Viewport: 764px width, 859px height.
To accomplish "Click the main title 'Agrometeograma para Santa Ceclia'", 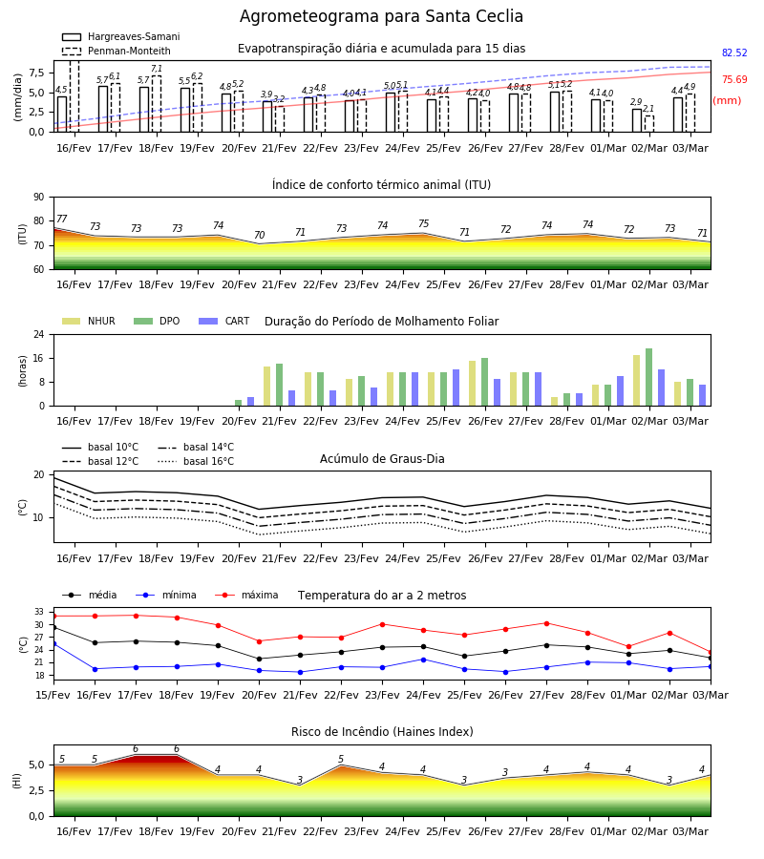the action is coord(381,16).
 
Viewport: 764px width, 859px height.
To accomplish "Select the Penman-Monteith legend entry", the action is coord(117,51).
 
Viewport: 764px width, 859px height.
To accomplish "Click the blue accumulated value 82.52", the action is coord(734,53).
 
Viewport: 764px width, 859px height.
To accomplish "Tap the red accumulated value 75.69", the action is coord(734,79).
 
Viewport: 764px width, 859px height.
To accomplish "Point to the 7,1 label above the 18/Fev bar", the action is coord(157,69).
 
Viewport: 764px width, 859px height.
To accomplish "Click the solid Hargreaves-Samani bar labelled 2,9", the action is coord(637,120).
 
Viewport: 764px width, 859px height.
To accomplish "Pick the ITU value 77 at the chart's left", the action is coord(61,219).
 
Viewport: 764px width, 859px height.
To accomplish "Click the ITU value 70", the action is coord(259,235).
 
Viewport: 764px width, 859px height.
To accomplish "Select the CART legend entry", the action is coord(223,321).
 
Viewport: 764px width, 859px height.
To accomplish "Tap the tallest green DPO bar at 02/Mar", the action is coord(648,377).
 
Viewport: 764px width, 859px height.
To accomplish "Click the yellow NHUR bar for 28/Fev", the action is coord(555,402).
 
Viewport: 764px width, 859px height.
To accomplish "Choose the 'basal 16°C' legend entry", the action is coord(196,461).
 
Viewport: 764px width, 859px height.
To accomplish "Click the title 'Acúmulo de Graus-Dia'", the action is coord(382,458).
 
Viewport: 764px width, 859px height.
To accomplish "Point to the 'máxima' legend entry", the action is coord(246,595).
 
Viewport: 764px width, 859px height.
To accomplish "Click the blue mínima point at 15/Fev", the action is coord(53,643).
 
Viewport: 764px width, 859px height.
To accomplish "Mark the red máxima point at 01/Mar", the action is coord(628,646).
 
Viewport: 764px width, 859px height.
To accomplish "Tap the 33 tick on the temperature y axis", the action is coord(39,612).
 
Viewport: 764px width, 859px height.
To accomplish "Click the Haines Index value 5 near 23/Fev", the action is coord(341,759).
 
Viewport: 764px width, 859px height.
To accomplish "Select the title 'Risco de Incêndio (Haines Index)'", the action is coord(382,731).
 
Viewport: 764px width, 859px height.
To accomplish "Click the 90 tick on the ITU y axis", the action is coord(39,198).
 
